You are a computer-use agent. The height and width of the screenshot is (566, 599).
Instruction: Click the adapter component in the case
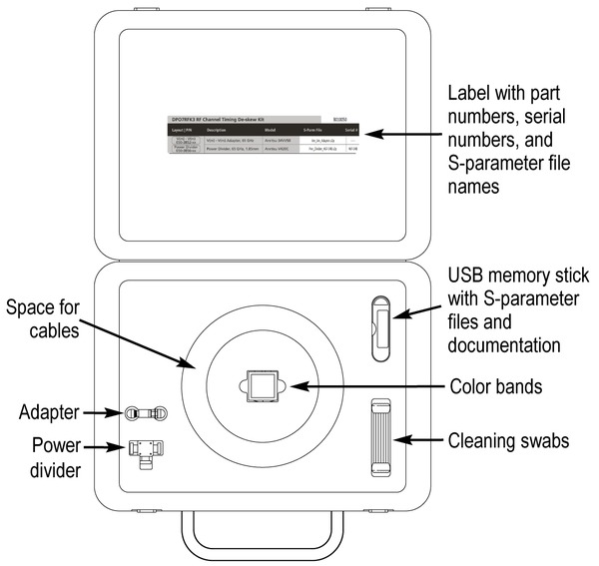click(144, 413)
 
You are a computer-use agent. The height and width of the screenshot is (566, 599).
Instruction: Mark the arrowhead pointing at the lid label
click(367, 134)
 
